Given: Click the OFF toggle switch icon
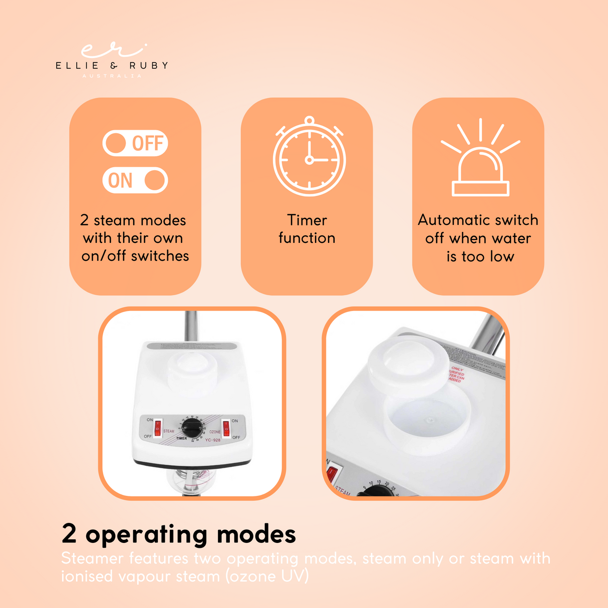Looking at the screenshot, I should tap(135, 143).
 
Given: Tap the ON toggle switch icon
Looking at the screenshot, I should tap(135, 180).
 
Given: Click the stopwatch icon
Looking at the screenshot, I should tap(309, 158).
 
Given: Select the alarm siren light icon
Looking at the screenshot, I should tap(480, 160).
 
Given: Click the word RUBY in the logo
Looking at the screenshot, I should tap(149, 66).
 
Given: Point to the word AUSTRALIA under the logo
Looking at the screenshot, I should tap(112, 76).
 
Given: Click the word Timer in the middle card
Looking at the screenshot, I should tap(307, 220).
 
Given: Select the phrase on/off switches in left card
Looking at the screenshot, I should tap(135, 256).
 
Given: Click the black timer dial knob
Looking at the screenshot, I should tap(192, 428).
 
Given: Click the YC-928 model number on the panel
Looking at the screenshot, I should tap(213, 440).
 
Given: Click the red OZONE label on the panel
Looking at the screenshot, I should tap(215, 432).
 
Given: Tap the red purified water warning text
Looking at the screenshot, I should tap(456, 375).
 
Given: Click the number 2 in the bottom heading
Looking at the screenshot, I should tap(69, 534).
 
